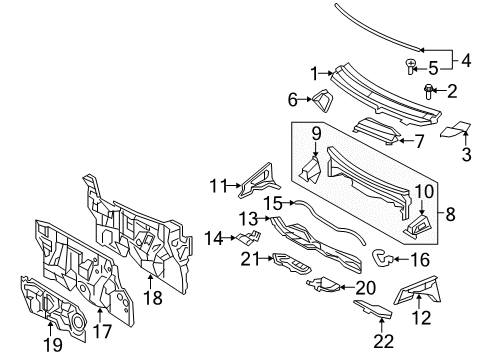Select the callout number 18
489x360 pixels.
pyautogui.click(x=152, y=298)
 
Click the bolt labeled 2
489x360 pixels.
pyautogui.click(x=430, y=120)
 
